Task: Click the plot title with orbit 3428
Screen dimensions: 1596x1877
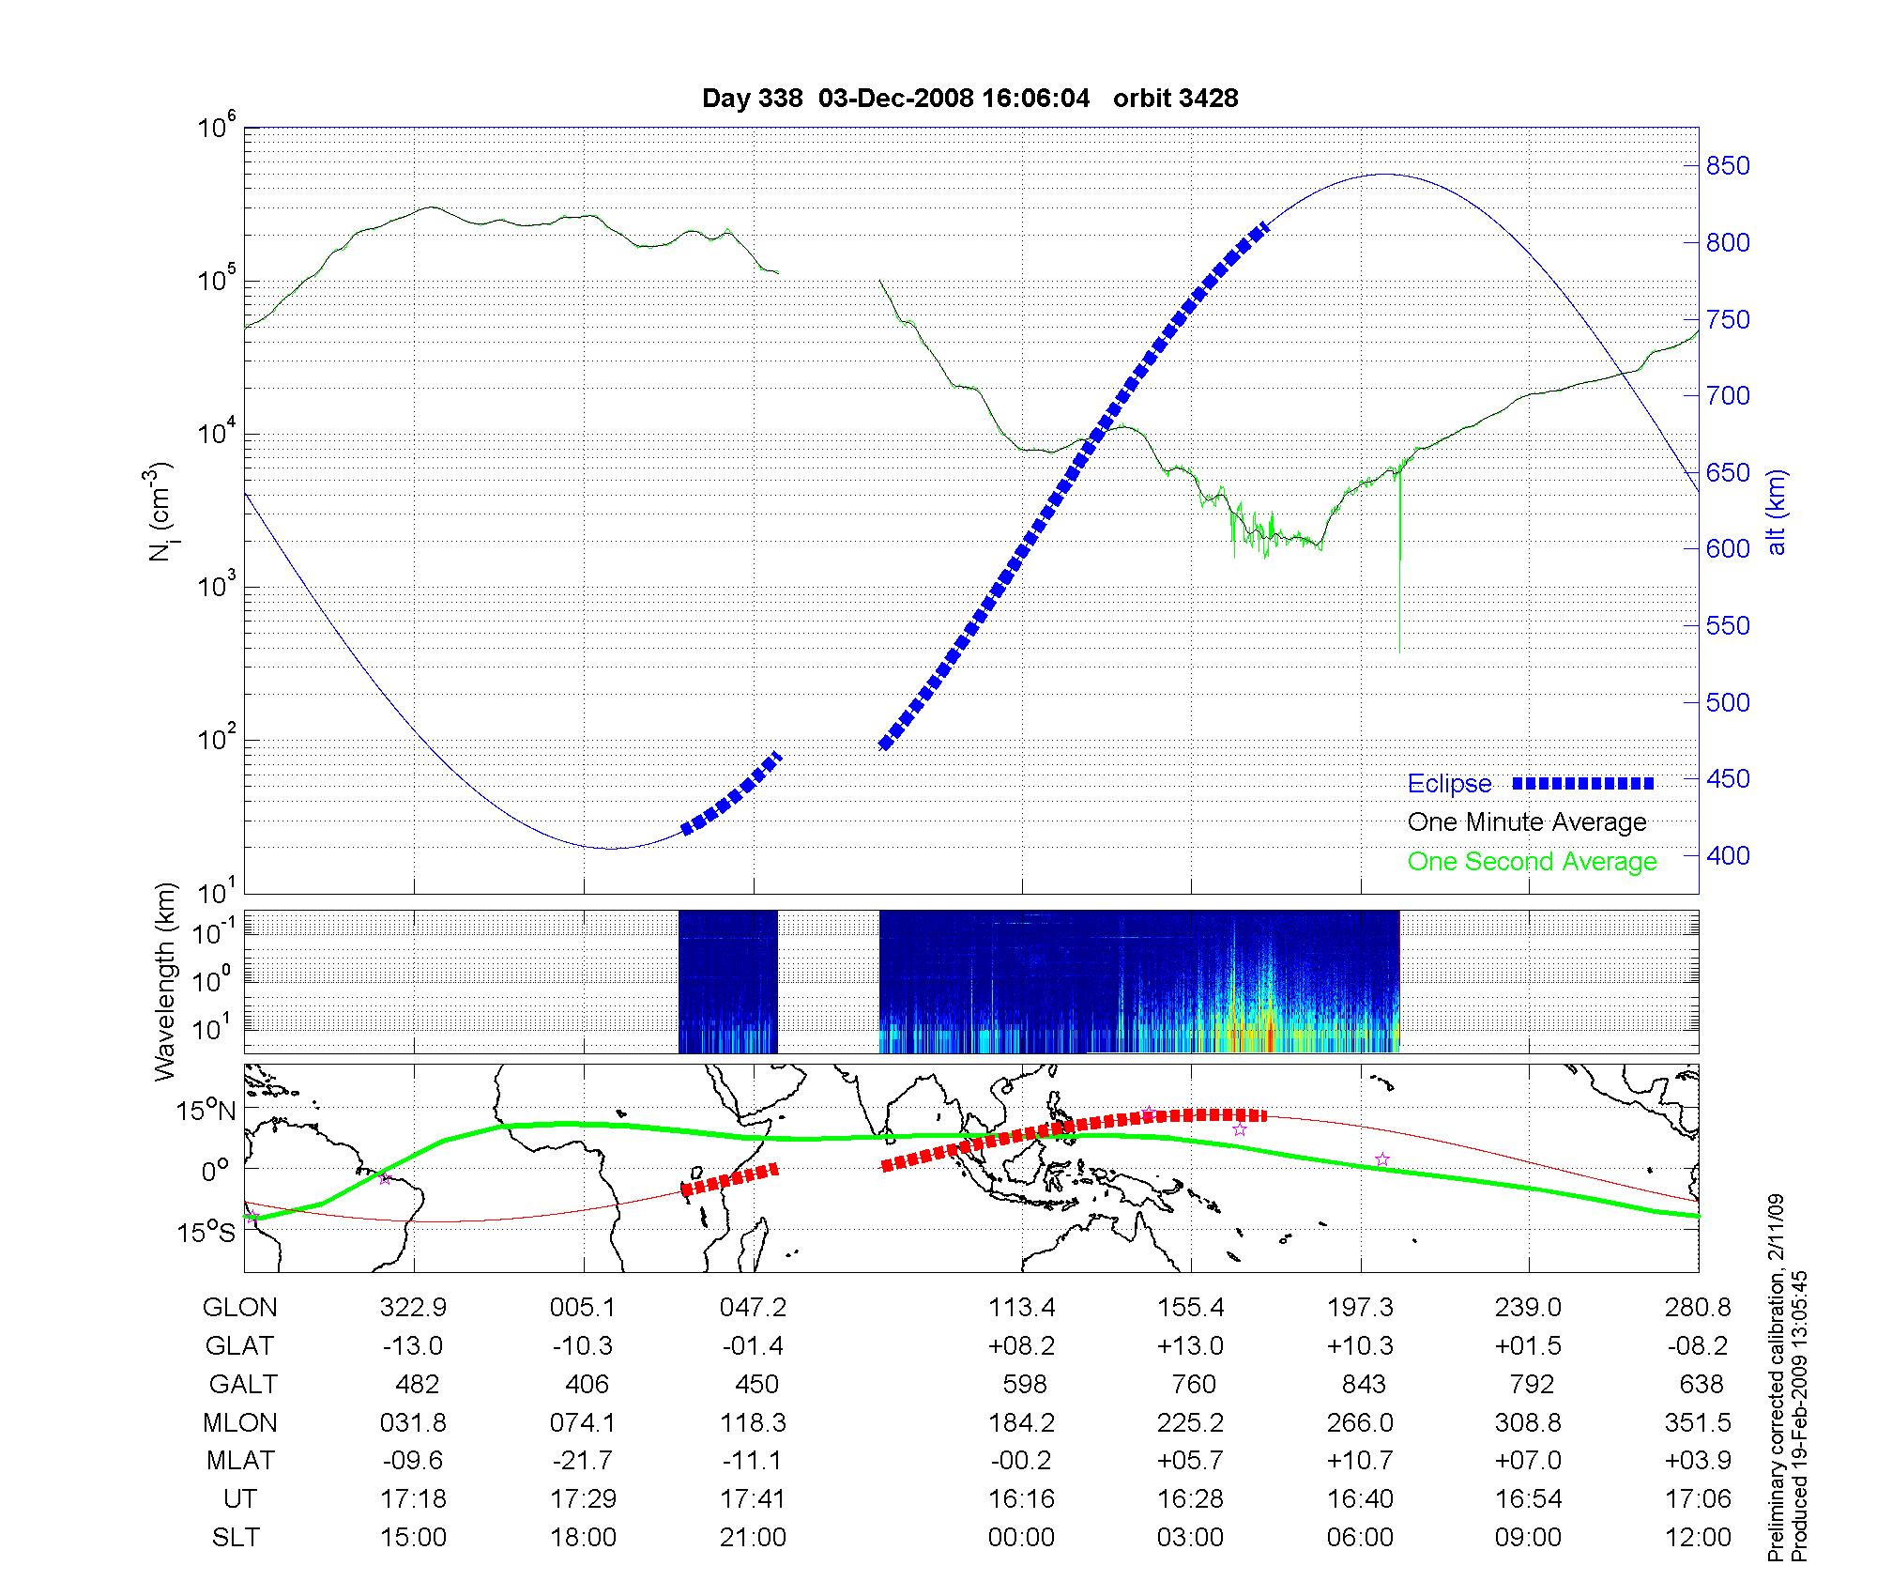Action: pos(969,99)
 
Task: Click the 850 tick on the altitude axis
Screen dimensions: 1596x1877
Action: pos(1728,166)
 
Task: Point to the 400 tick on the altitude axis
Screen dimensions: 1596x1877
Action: pos(1728,855)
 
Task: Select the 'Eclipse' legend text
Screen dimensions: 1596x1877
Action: pos(1449,784)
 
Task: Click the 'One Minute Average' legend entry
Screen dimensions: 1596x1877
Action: pos(1527,822)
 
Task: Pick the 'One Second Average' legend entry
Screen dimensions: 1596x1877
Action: pos(1532,862)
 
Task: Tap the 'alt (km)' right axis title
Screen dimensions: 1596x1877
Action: pos(1777,512)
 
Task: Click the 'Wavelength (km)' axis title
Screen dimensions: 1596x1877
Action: pos(165,981)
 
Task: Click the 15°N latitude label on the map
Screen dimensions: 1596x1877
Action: pos(206,1111)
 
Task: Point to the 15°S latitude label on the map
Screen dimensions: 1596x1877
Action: pos(206,1232)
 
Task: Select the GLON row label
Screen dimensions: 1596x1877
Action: pos(239,1308)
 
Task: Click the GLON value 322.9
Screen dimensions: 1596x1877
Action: pos(413,1308)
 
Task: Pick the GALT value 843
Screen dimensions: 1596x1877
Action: pos(1363,1385)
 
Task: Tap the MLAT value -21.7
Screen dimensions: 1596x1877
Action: pos(582,1461)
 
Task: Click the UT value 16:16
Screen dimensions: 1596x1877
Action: pos(1021,1499)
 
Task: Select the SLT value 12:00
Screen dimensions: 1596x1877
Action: pos(1702,1538)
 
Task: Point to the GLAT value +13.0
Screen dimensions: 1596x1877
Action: pos(1190,1346)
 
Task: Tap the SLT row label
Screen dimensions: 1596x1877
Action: pos(236,1538)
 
